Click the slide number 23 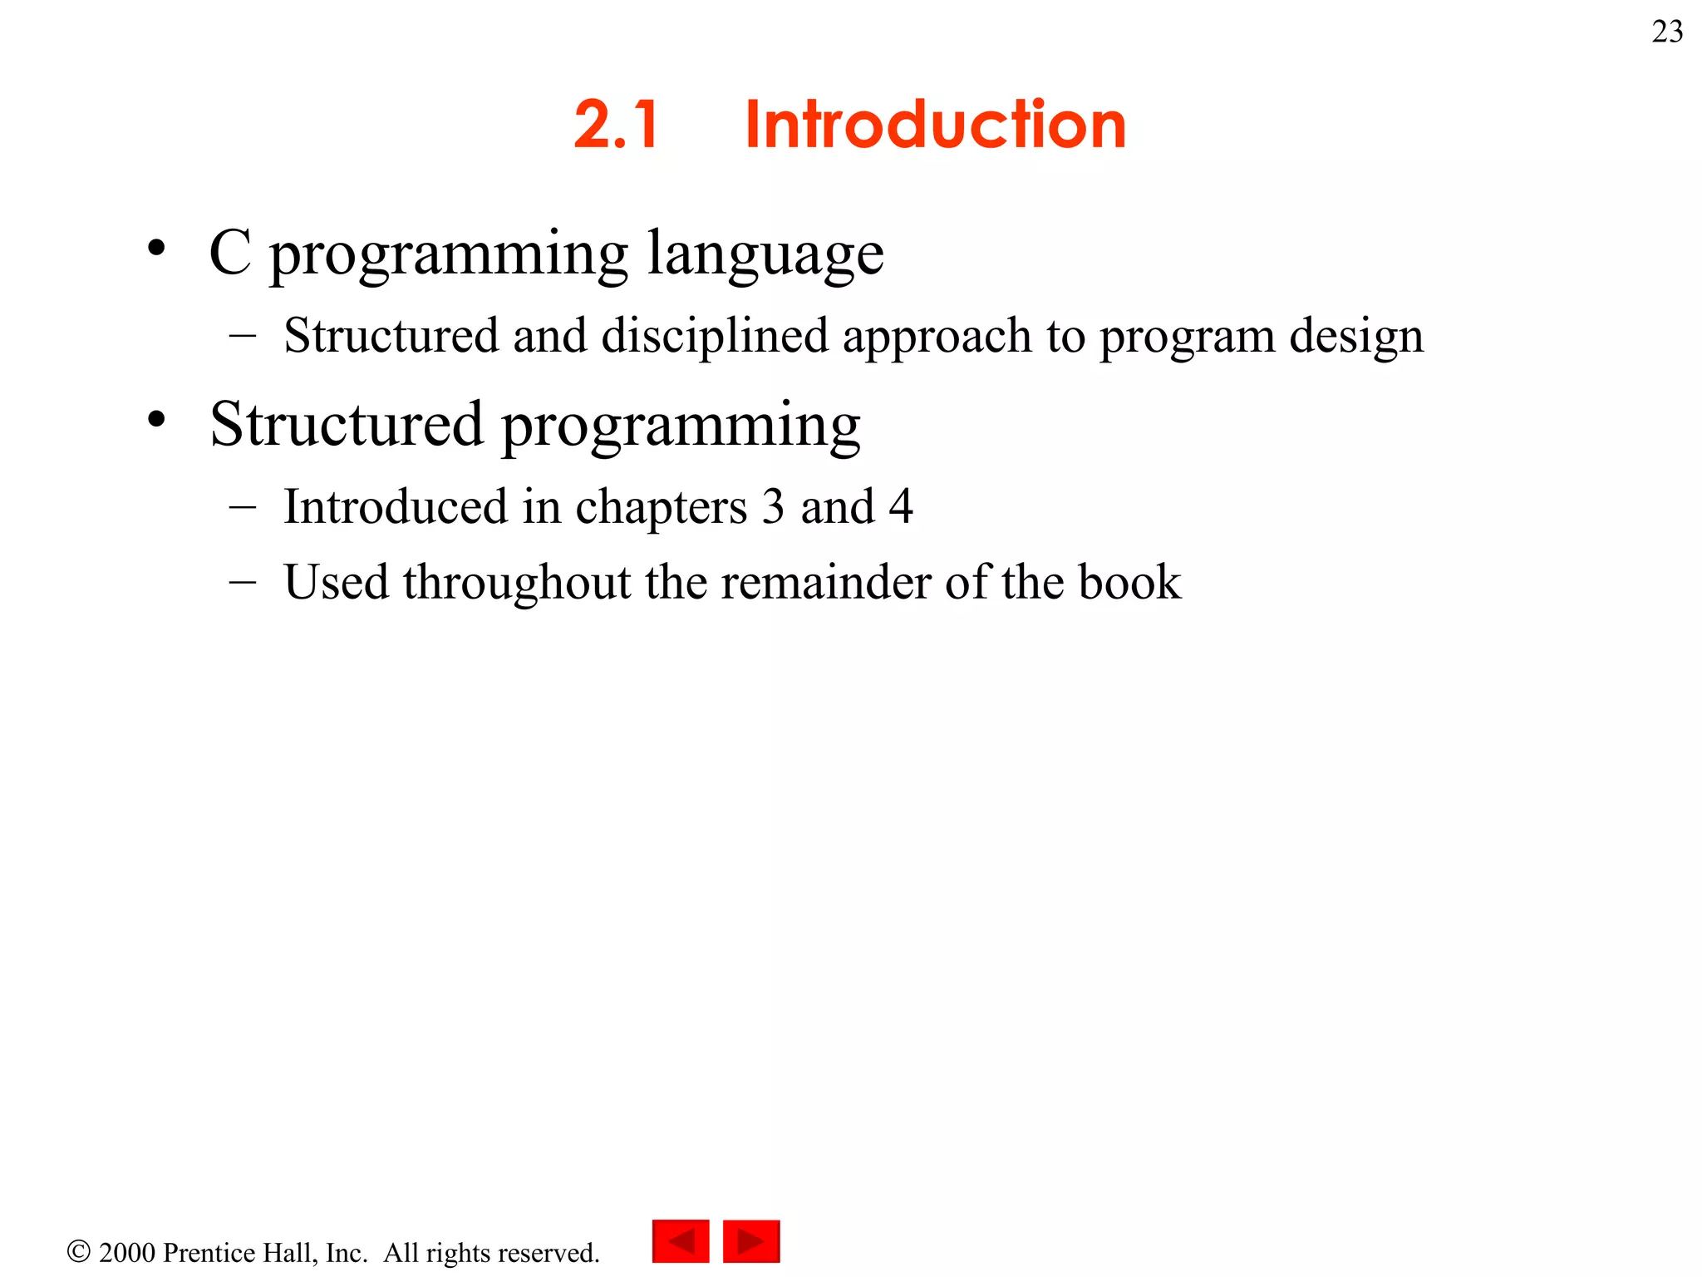[1667, 32]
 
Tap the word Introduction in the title [935, 125]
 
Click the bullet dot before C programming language [156, 248]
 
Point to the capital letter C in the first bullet [230, 252]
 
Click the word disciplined [715, 336]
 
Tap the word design [1356, 336]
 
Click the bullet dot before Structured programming [156, 419]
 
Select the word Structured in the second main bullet [346, 424]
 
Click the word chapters [661, 507]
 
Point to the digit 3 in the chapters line [773, 506]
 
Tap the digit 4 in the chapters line [901, 506]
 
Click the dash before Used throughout [242, 581]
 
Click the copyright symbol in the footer [78, 1251]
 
